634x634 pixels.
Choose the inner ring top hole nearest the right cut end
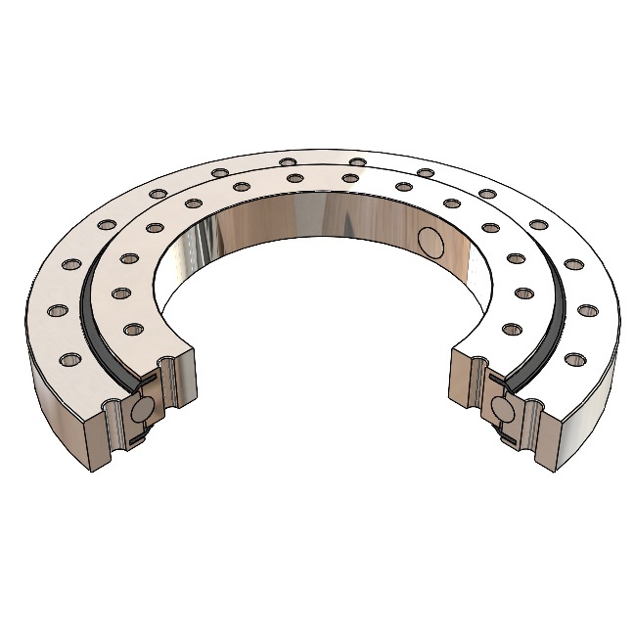click(x=513, y=327)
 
